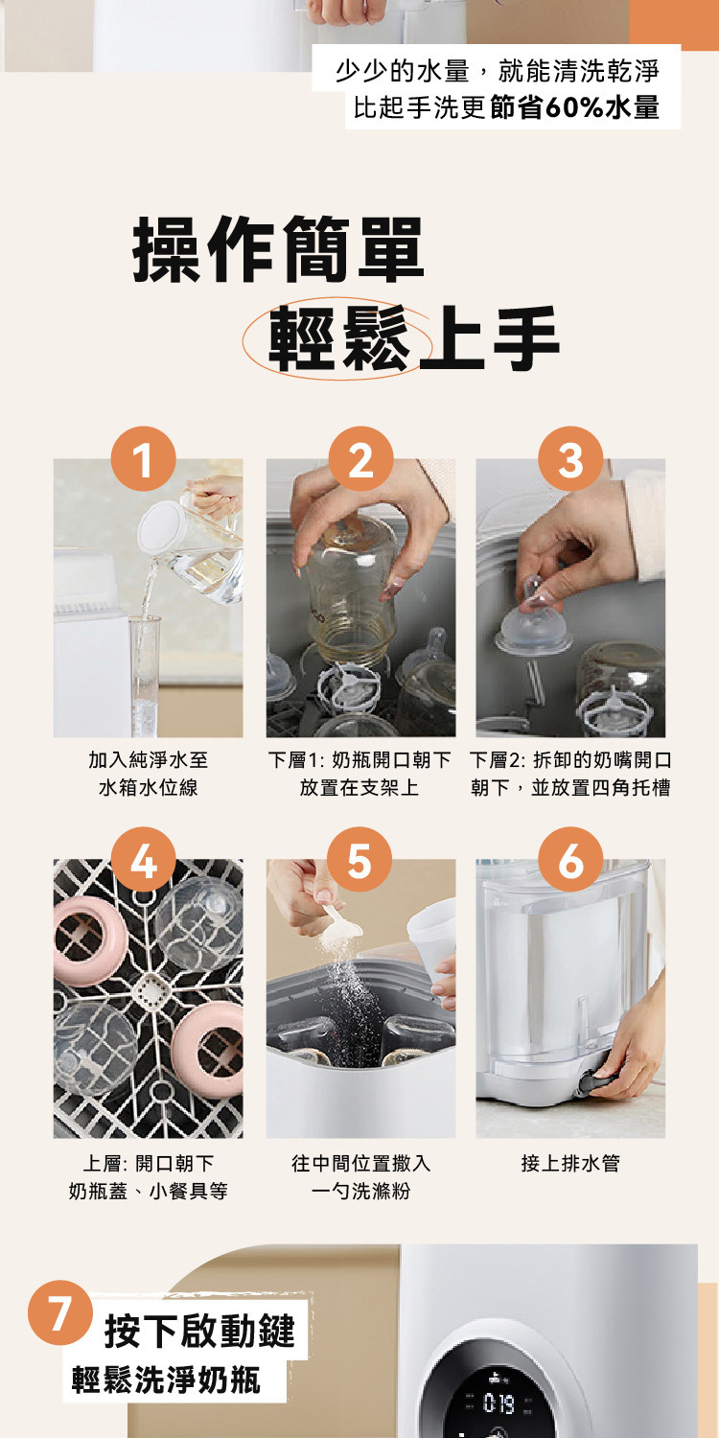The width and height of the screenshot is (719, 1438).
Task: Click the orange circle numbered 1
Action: point(143,458)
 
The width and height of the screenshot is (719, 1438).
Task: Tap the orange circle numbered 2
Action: point(360,458)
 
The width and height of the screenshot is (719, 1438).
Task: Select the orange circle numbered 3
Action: point(570,458)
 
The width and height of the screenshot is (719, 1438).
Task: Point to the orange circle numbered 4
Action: point(143,860)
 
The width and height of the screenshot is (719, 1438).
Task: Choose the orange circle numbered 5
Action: point(359,860)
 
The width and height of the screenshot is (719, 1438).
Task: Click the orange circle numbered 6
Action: point(570,860)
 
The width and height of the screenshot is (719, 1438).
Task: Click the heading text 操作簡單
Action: point(278,249)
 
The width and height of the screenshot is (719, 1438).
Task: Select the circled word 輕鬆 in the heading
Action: point(337,338)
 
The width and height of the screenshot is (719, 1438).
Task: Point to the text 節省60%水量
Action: point(574,107)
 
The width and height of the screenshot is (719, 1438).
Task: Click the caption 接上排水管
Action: point(570,1163)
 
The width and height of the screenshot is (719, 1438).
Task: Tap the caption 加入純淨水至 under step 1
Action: point(149,759)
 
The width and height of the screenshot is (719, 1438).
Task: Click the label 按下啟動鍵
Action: point(199,1331)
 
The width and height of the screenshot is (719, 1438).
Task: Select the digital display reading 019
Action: point(499,1404)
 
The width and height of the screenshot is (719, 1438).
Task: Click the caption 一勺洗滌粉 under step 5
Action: point(360,1192)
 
